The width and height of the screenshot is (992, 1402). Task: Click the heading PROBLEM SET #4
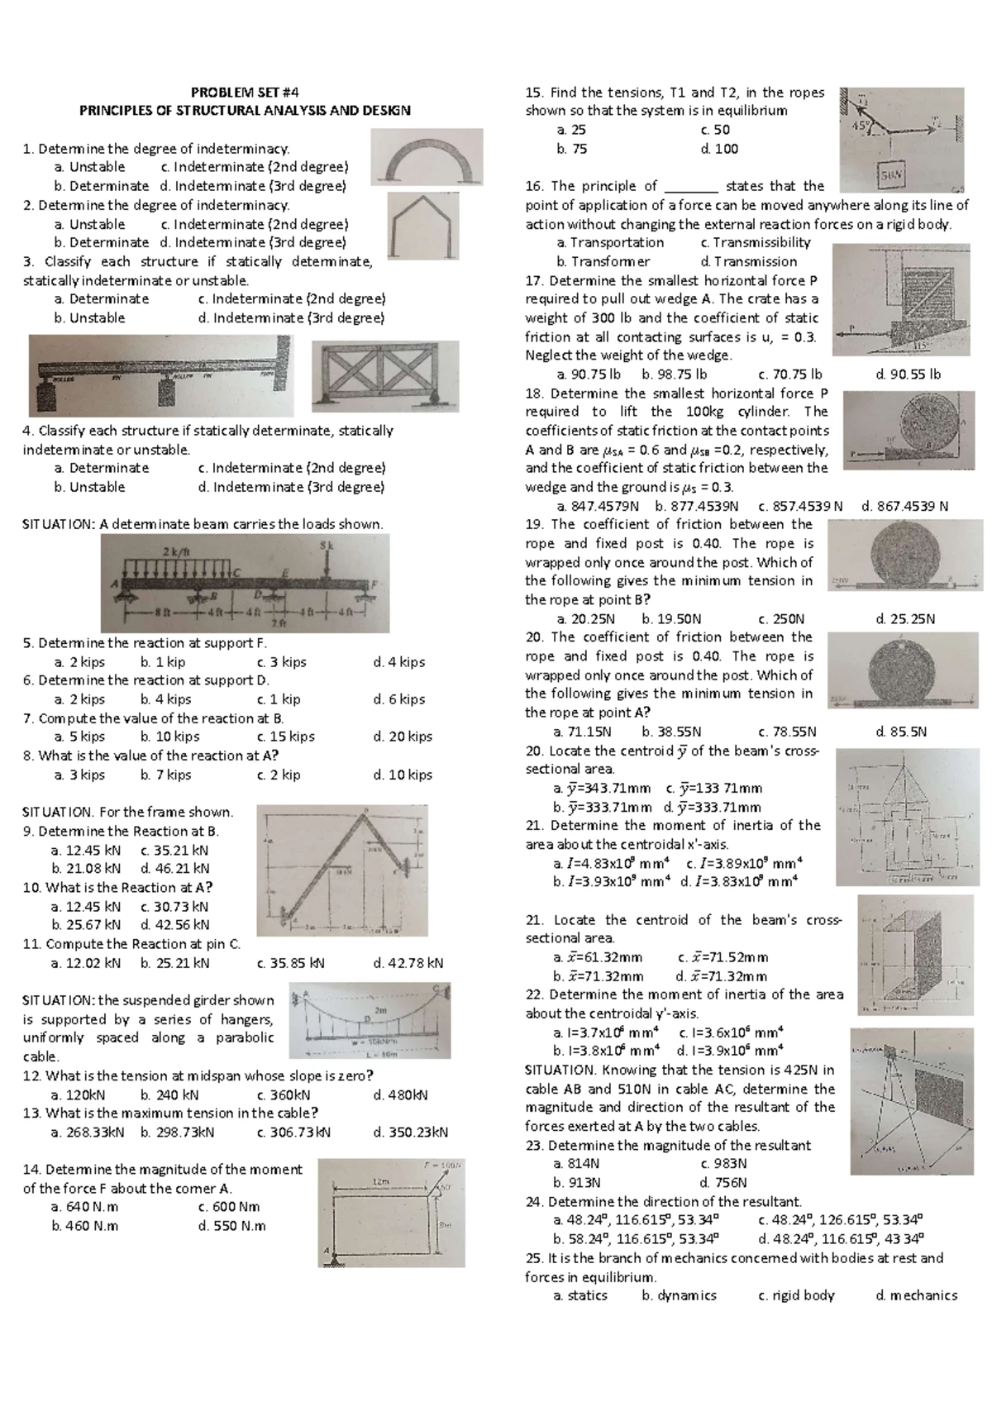pos(244,92)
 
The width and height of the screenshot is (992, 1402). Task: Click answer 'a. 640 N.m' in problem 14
pos(84,1207)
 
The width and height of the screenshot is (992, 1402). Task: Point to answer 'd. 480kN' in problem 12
pos(400,1094)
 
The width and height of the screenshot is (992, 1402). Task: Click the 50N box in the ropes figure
pos(892,175)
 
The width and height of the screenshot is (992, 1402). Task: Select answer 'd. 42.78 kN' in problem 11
pos(408,962)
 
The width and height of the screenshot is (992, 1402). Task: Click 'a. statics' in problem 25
pos(580,1295)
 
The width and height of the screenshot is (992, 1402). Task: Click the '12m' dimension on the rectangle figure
pos(380,1183)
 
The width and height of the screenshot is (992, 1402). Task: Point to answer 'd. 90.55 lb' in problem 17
pos(908,374)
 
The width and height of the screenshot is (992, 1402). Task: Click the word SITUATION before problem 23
pos(560,1070)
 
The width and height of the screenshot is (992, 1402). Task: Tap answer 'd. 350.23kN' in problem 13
pos(410,1132)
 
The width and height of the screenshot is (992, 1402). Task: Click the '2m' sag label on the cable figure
pos(381,1011)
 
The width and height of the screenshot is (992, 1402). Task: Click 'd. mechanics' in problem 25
pos(916,1295)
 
